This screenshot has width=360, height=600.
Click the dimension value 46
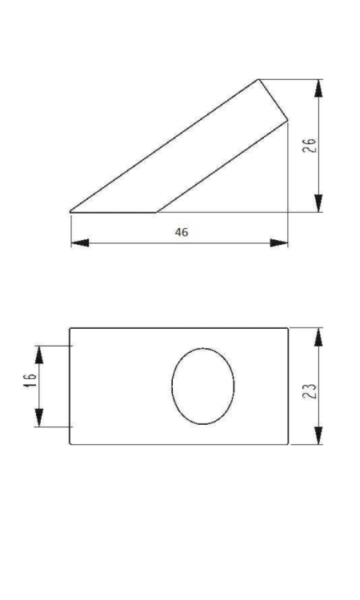tap(182, 232)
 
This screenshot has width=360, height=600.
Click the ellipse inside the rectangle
tap(203, 386)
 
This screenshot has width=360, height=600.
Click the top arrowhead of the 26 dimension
tap(319, 89)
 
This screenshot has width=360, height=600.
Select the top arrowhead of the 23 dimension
tap(319, 337)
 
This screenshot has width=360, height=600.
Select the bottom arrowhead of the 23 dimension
tap(319, 435)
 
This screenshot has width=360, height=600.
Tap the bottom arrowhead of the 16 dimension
tap(38, 417)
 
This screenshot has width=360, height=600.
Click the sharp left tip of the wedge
tap(70, 212)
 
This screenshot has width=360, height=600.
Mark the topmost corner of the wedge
tap(259, 78)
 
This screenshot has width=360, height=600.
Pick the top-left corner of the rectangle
tap(70, 327)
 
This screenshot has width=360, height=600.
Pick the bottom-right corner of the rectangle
tap(288, 445)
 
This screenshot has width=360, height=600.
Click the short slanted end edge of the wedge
tap(274, 99)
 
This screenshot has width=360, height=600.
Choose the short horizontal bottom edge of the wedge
tap(113, 212)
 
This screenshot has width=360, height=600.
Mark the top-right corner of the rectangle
tap(288, 327)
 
